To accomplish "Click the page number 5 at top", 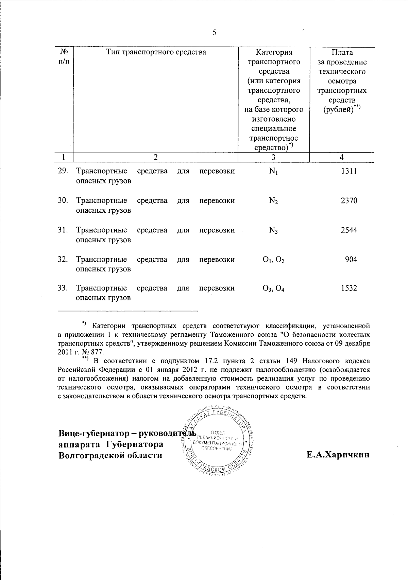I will pos(214,33).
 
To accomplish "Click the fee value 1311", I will pos(349,171).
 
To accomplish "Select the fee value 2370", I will pos(349,200).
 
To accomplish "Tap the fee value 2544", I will pos(349,230).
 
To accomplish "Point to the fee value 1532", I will pos(349,288).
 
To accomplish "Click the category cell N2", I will pos(273,201).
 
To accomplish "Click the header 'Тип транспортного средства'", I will pos(156,52).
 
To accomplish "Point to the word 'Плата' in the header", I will pos(342,52).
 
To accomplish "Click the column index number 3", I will pos(273,157).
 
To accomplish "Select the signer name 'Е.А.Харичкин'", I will pos(338,455).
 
